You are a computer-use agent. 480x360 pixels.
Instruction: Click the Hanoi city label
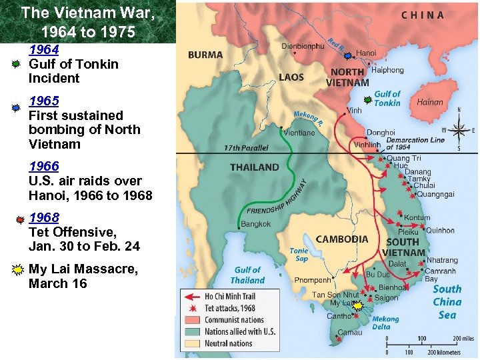point(367,53)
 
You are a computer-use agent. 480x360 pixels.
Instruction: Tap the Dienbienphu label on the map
point(303,46)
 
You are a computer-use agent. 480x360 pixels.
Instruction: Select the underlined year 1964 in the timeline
point(43,49)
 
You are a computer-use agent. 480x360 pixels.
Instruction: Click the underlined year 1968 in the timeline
point(43,218)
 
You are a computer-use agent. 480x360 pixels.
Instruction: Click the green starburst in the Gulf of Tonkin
point(367,100)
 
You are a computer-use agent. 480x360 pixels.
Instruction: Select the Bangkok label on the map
point(256,224)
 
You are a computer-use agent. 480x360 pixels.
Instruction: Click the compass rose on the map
point(458,129)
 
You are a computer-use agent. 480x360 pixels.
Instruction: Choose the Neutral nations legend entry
point(229,343)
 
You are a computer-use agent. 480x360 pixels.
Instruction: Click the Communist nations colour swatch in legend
point(193,320)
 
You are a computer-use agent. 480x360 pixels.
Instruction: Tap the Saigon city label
point(387,298)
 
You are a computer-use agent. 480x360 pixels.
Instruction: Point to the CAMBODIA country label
point(342,239)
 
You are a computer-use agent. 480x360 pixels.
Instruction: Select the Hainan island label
point(429,103)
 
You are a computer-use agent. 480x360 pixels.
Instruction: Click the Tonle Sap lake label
point(299,255)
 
